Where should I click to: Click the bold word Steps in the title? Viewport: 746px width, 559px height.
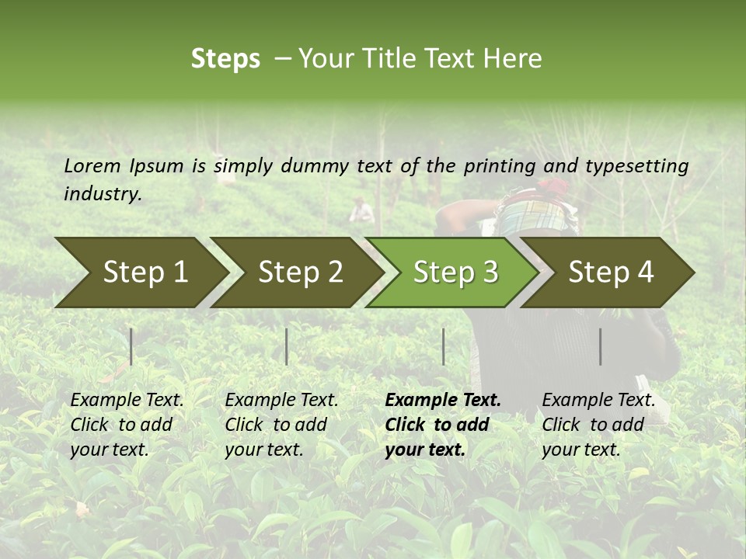225,59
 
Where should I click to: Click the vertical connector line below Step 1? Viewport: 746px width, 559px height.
131,346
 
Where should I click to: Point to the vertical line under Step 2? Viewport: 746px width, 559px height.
287,346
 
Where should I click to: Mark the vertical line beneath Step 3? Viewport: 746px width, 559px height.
443,346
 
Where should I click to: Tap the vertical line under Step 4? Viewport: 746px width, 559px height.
600,346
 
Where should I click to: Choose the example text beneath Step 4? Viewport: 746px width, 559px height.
598,425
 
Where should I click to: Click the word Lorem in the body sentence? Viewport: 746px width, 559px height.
92,165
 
